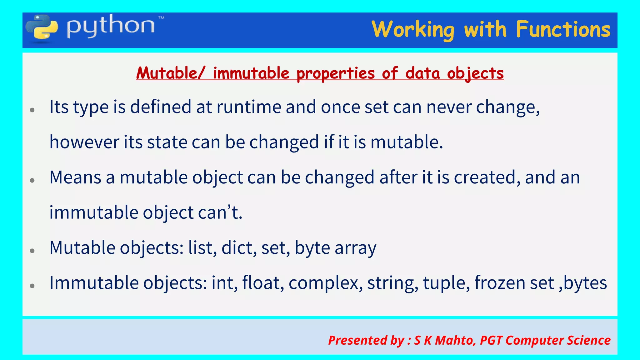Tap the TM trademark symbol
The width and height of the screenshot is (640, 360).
click(x=161, y=18)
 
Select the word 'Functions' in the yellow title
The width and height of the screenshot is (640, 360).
click(x=563, y=30)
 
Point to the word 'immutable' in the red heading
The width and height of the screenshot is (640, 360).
click(x=251, y=73)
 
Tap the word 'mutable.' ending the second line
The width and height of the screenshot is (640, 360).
click(x=407, y=142)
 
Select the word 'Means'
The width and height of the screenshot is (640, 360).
click(x=75, y=177)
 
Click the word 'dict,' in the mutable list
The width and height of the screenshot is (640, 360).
click(x=239, y=248)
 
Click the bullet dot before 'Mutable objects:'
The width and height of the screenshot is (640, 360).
click(x=32, y=251)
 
